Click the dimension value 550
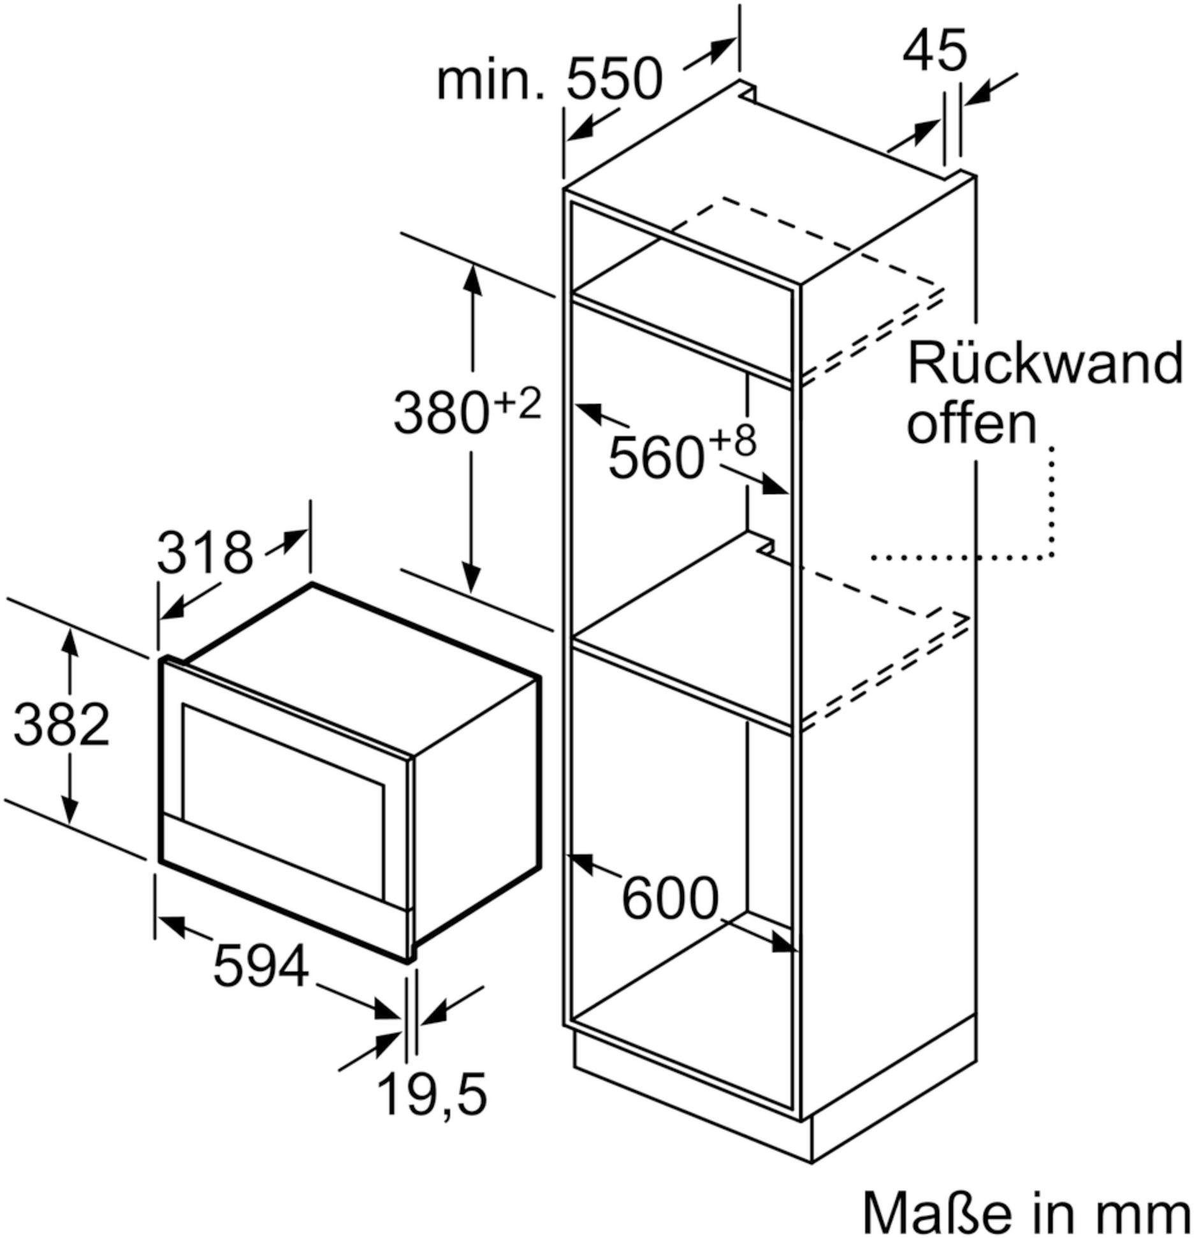coord(615,80)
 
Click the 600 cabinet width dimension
coord(669,899)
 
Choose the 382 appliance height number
coord(62,724)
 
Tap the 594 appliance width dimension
coord(261,966)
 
